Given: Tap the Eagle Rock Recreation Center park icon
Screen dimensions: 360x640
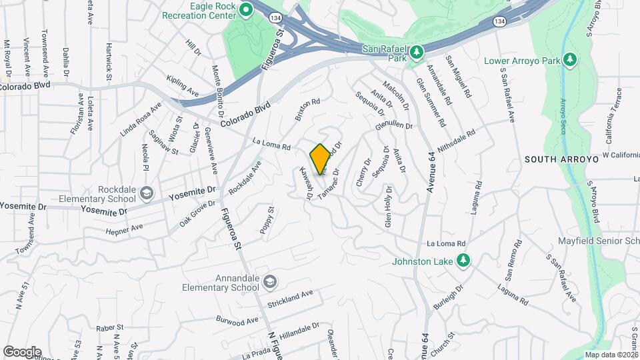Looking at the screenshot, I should [x=245, y=9].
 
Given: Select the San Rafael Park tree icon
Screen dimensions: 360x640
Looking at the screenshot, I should [x=416, y=51].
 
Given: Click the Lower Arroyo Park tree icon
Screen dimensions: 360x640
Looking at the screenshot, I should [x=569, y=61].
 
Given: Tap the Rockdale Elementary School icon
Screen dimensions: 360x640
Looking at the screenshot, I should [x=145, y=194].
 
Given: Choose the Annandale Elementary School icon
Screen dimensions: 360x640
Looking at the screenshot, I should [x=269, y=283].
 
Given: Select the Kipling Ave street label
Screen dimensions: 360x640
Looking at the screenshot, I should [x=183, y=85].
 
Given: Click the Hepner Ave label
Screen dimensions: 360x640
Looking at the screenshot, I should [x=125, y=228].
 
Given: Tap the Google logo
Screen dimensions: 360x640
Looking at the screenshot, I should [x=22, y=351].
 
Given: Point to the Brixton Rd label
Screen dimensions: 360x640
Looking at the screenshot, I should [x=308, y=109].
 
